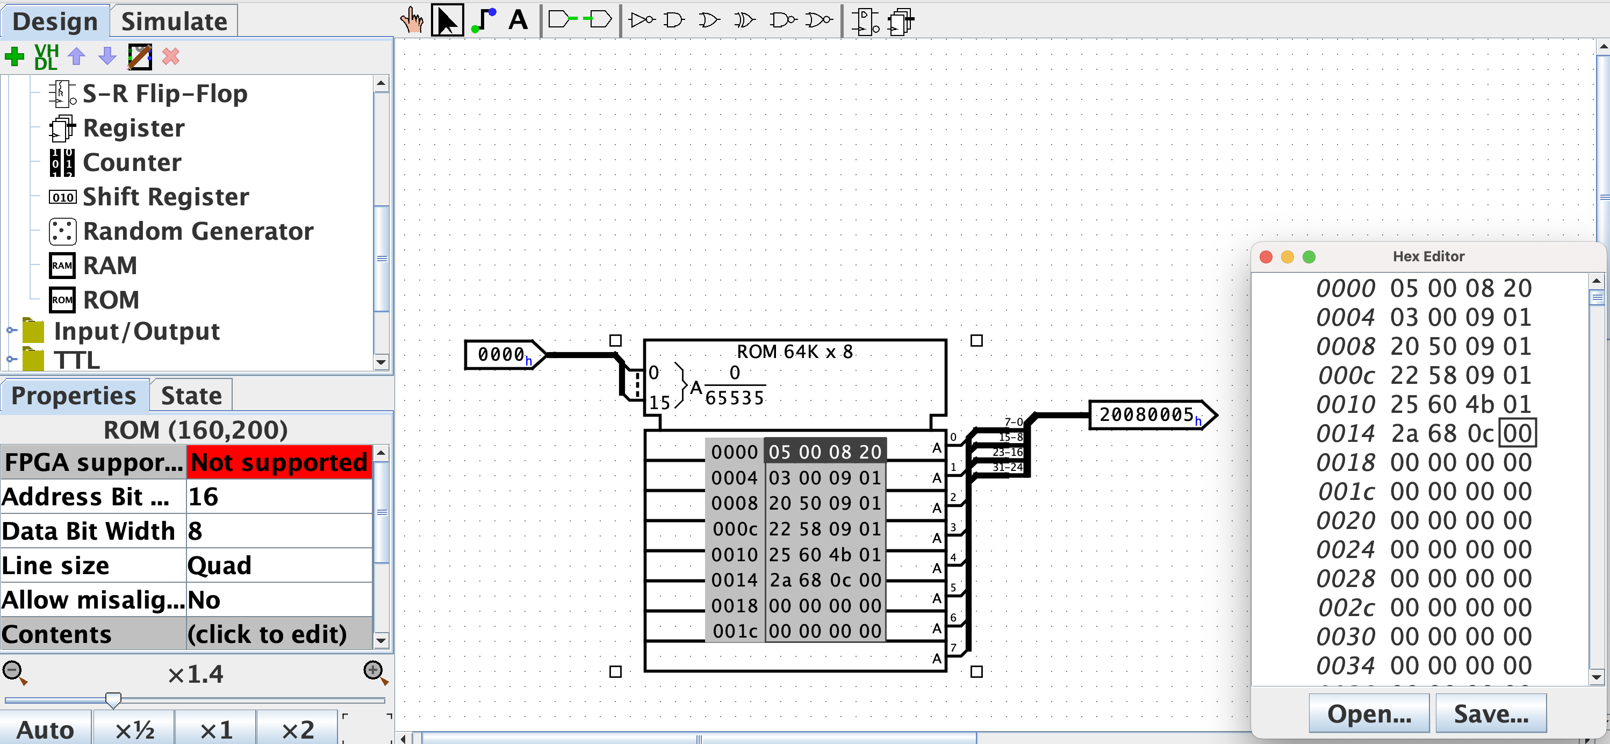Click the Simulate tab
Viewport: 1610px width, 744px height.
point(174,22)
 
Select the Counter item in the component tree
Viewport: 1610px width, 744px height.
point(132,162)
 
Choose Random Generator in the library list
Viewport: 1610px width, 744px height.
point(198,231)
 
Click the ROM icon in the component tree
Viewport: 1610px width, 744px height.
point(62,300)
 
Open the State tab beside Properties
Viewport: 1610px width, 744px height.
point(191,396)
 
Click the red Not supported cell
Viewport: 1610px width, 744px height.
point(279,463)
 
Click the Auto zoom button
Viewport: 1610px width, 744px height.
point(45,729)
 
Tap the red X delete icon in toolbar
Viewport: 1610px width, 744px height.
point(171,57)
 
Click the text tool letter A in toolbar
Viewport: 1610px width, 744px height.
point(517,20)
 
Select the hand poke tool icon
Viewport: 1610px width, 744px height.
point(412,20)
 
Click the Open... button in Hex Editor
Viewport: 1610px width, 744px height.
point(1369,713)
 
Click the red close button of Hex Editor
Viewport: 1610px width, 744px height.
point(1266,257)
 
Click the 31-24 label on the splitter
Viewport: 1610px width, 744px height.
point(1008,467)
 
